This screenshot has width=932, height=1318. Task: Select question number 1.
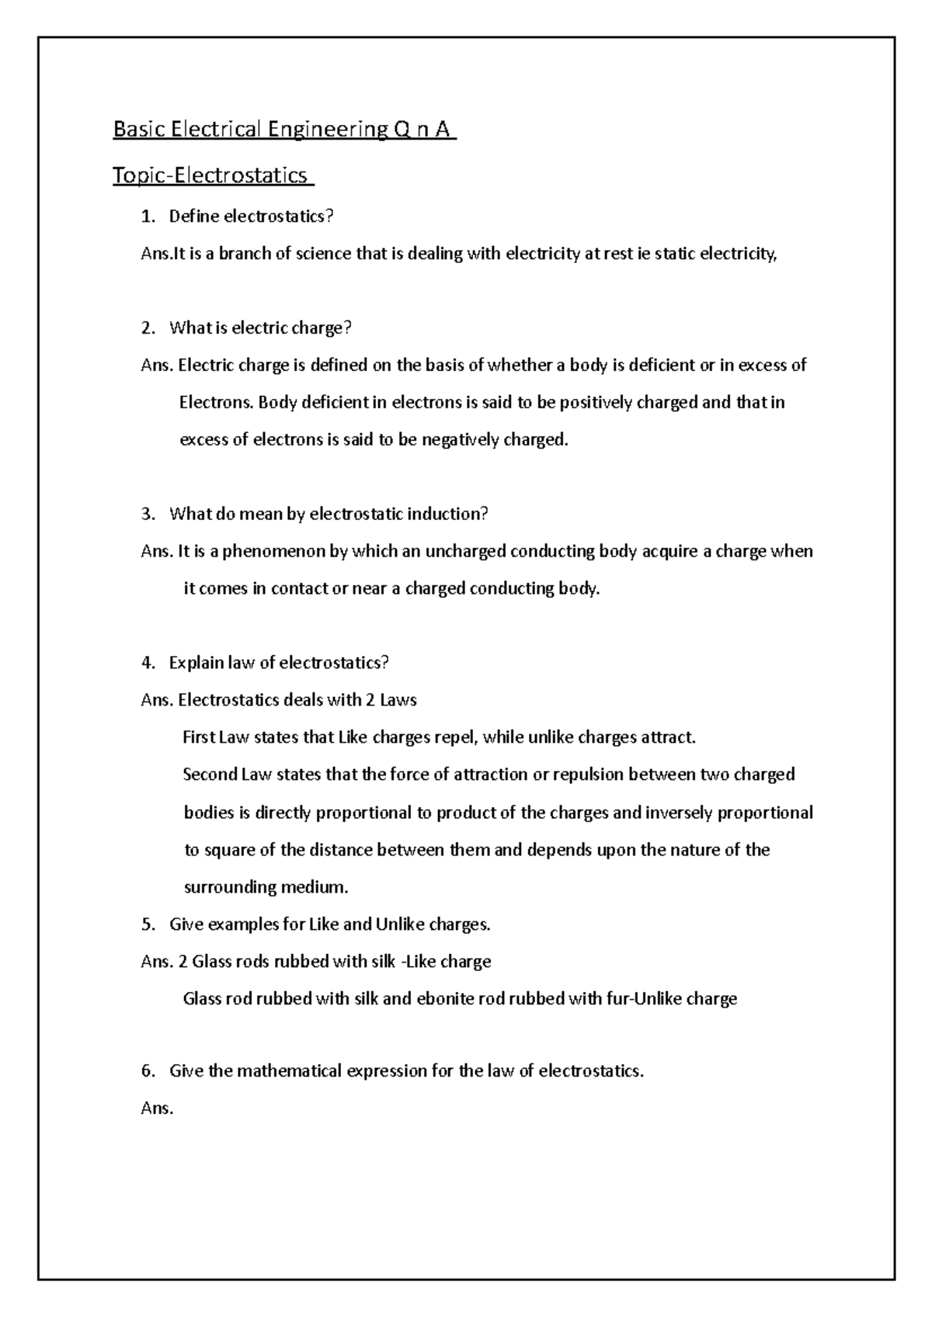tap(148, 217)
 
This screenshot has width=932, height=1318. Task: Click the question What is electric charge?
tap(260, 328)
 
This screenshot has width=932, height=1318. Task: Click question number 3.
tap(148, 514)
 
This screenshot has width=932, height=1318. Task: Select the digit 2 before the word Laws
tap(370, 700)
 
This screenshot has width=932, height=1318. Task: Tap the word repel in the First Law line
tap(455, 737)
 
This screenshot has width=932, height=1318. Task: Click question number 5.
tap(148, 924)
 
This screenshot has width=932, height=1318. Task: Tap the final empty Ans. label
tap(157, 1108)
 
